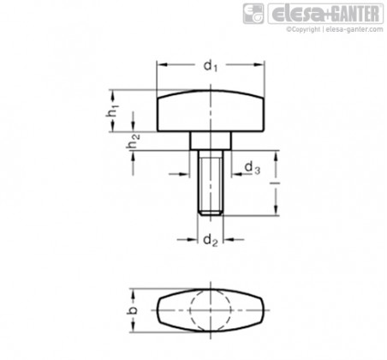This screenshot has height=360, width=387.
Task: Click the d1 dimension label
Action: coord(211,66)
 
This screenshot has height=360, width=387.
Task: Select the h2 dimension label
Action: coord(133,141)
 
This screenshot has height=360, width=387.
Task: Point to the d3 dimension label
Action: coord(253,167)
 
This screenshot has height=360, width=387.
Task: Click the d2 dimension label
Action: coord(211,240)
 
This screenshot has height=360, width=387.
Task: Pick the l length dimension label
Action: coord(276,183)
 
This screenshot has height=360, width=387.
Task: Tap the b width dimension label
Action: coord(132,310)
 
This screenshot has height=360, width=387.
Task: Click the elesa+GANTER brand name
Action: coord(325,14)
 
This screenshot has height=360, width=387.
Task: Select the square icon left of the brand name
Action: coord(253,14)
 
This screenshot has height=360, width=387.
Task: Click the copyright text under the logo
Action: coord(335,29)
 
